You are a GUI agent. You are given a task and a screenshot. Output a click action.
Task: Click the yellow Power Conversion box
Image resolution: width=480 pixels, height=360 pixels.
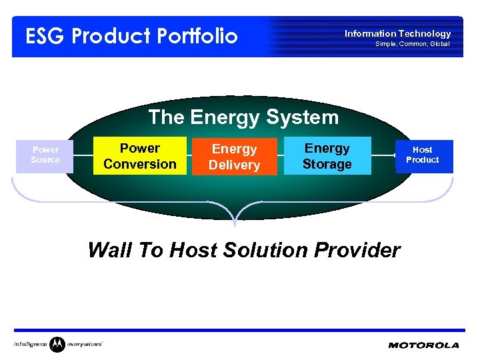140,156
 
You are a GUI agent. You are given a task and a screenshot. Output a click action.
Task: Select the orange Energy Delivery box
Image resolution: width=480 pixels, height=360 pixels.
234,157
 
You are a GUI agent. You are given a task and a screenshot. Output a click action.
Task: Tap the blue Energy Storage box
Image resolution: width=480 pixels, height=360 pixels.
327,156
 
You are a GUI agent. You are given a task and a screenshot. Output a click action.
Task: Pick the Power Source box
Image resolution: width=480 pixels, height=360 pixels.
45,155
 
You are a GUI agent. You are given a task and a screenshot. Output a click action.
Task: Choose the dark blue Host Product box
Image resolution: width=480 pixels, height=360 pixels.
423,155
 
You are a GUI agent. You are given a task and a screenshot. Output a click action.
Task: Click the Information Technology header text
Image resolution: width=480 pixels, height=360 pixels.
397,33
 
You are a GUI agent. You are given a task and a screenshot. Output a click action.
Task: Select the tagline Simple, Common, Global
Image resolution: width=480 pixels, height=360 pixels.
412,44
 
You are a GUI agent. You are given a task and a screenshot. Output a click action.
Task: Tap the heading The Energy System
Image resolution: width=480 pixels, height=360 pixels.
243,117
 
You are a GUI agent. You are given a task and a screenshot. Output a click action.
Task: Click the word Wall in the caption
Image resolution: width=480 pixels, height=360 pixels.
109,250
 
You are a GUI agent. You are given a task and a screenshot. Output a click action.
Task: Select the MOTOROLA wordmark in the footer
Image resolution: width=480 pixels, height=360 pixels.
423,345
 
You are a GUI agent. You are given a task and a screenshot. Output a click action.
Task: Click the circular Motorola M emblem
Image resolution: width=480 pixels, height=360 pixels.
57,344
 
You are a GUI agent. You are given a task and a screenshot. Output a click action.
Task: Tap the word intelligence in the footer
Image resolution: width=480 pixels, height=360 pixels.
31,345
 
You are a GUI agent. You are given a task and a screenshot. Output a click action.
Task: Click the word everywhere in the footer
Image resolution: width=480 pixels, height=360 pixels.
85,345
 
